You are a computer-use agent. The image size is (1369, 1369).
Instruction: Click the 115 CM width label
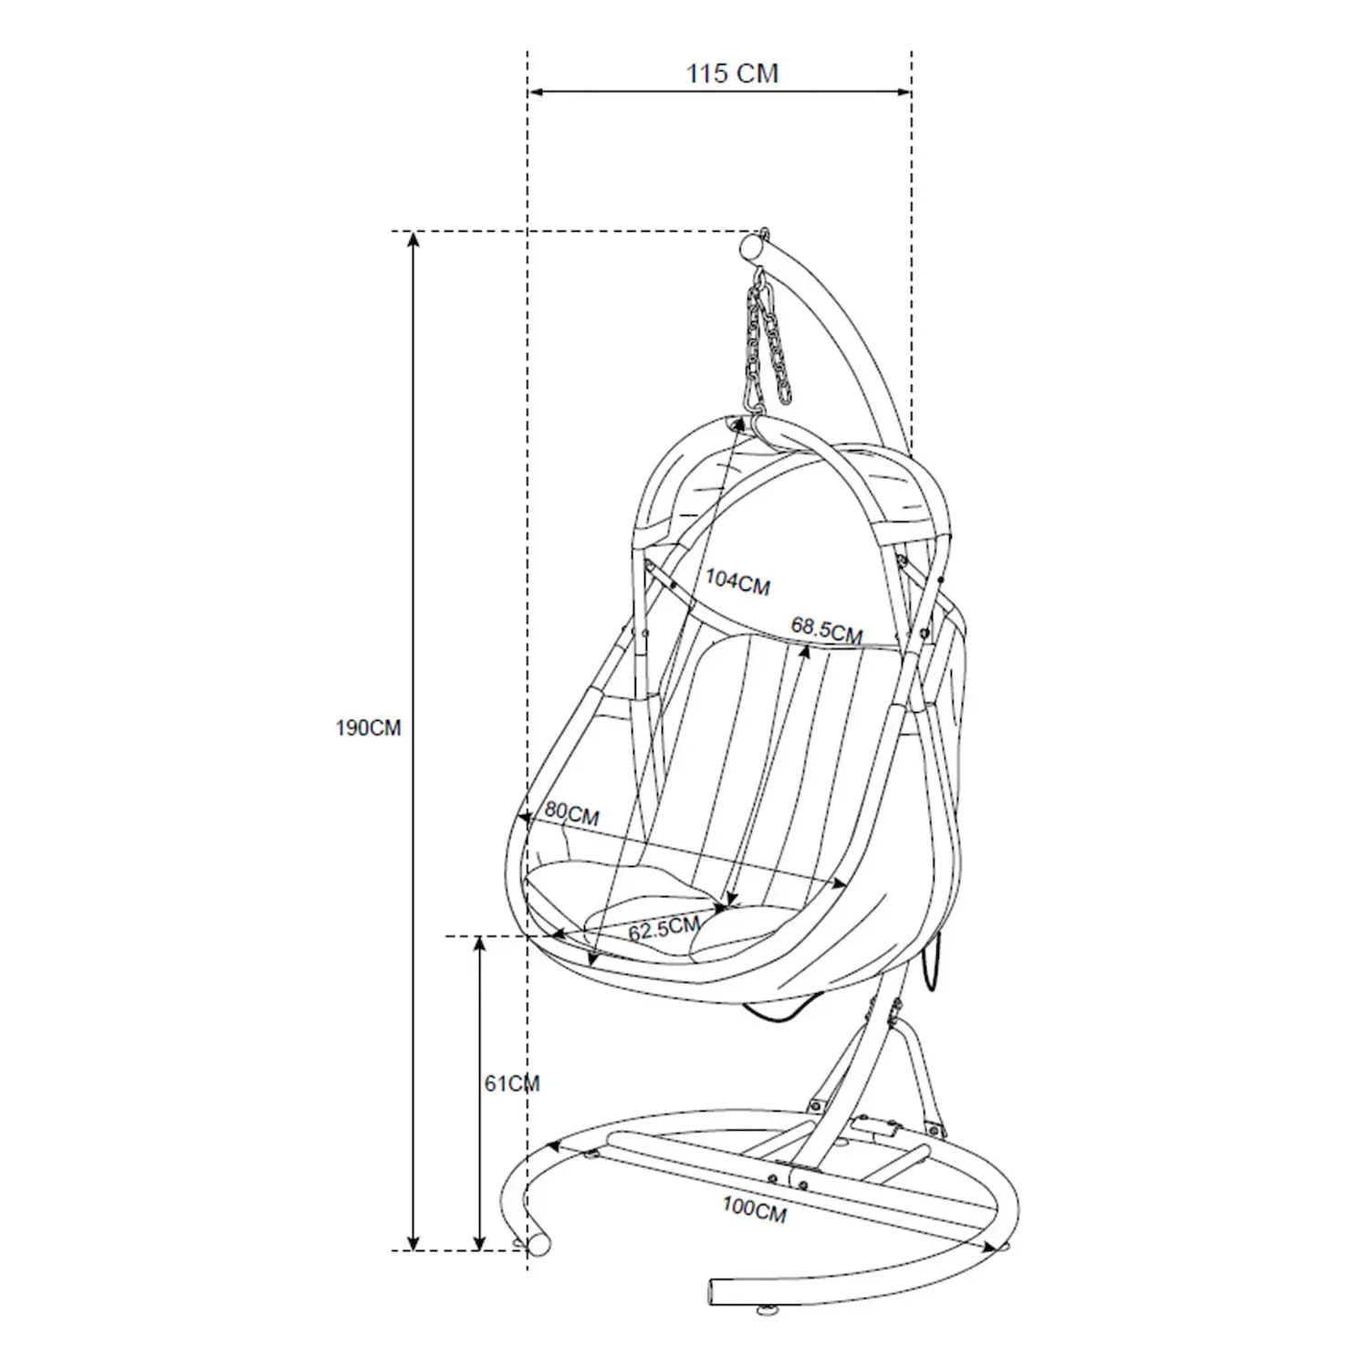(732, 73)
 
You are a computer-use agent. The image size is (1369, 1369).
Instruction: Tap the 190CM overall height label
(368, 728)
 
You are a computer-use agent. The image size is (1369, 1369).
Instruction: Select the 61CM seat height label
(512, 1083)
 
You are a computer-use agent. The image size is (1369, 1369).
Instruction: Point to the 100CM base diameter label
(754, 1209)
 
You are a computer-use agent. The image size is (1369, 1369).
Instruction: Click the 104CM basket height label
(737, 581)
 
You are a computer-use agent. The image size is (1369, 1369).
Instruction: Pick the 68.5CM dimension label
(827, 630)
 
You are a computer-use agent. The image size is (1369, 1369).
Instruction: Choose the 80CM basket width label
(572, 813)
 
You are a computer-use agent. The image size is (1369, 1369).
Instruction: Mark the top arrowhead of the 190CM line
(413, 239)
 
